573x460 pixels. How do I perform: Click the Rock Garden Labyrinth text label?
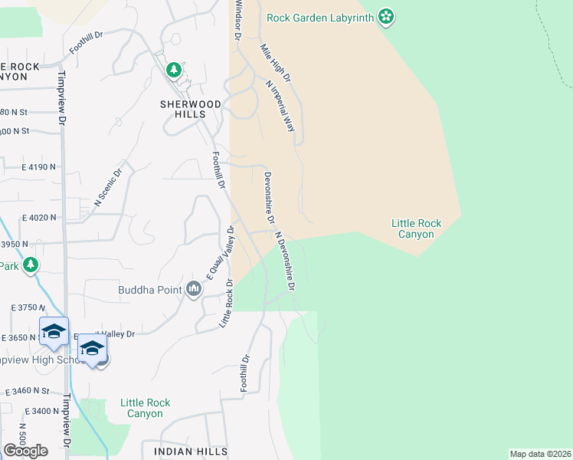(320, 17)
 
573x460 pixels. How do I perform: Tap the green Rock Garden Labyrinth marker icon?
(387, 17)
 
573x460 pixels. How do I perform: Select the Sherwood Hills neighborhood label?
(191, 109)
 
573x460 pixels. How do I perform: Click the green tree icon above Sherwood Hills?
(174, 71)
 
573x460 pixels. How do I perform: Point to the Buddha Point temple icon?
(193, 289)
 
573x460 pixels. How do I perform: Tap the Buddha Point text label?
(149, 290)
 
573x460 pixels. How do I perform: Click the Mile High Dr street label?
(276, 64)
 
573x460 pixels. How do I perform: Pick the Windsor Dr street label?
(239, 21)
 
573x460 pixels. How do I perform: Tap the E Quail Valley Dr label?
(218, 255)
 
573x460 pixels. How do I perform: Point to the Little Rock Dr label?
(227, 306)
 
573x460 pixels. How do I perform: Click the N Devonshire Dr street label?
(285, 262)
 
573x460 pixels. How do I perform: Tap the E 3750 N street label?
(29, 307)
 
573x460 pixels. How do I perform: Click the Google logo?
(25, 451)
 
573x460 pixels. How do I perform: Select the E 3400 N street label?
(40, 410)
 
